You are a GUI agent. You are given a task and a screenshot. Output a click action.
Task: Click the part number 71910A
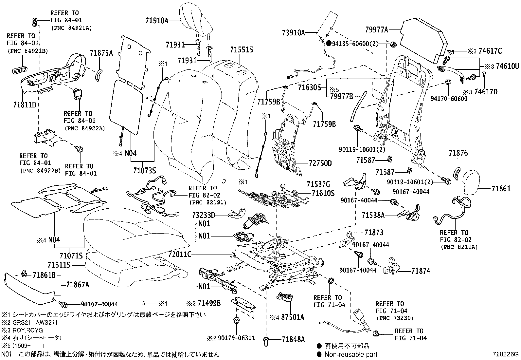click(157, 21)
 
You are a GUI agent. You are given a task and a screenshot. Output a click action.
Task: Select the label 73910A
click(294, 32)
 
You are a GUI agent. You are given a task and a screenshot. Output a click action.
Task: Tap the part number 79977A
click(376, 30)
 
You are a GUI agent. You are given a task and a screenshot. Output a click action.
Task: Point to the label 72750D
click(320, 163)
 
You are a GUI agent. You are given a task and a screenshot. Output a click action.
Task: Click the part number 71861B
click(44, 275)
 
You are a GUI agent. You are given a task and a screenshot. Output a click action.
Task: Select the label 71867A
click(78, 285)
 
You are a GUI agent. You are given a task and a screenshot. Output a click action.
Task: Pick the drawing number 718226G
click(506, 354)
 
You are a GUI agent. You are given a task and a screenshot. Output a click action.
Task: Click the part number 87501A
click(292, 317)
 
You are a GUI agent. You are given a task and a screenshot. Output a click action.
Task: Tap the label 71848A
click(293, 339)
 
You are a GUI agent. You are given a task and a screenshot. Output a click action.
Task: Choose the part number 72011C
click(180, 255)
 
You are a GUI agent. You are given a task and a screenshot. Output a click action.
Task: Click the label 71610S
click(323, 194)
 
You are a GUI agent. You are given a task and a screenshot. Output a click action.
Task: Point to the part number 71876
click(458, 153)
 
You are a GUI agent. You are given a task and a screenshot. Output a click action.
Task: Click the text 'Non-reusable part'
click(350, 354)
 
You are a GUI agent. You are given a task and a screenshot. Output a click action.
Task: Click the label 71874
click(421, 271)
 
